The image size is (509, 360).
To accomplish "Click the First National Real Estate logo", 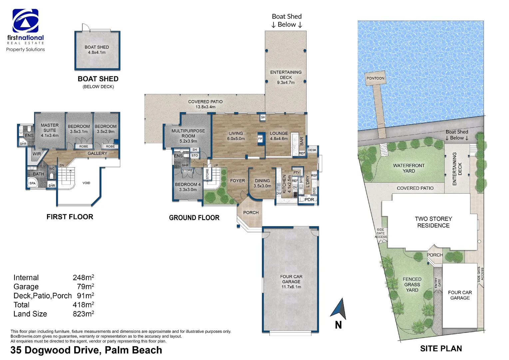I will coord(25,21).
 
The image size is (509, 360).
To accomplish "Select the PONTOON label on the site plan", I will coord(375,78).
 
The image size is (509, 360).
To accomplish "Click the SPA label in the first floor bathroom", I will coord(32,183).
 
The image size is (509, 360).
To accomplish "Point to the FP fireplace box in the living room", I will coord(260,139).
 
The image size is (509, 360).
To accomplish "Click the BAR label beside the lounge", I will coord(302,141).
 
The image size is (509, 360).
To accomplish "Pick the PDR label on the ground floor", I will coord(309,200).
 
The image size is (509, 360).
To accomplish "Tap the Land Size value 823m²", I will coord(83,314).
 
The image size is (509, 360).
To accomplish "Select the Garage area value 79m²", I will coord(85,287).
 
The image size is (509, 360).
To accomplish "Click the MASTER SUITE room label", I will coord(50,130).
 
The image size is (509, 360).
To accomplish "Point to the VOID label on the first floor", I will coord(86,183).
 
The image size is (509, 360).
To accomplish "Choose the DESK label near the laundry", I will coord(312,150).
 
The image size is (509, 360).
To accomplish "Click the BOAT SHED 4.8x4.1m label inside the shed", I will coord(97,50).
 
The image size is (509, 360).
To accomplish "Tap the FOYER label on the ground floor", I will coord(238,181).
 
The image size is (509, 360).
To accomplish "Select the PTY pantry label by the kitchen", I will coord(296,173).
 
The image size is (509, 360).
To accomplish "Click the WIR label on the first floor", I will coord(37,154).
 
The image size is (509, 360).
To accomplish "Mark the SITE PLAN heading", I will coord(441,349).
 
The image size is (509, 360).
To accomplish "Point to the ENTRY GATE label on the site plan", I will coord(437,283).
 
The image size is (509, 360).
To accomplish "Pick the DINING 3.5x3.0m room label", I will coord(262,183).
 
